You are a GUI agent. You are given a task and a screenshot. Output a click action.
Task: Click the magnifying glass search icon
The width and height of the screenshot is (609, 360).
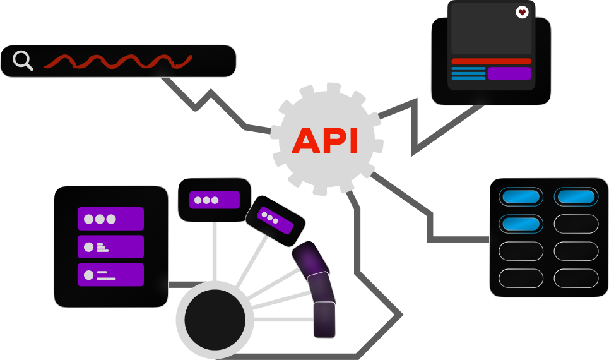point(23,61)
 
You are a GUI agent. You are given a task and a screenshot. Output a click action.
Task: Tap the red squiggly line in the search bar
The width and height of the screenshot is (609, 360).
point(118,61)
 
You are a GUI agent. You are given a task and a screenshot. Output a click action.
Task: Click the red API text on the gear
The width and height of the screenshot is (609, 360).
point(325,141)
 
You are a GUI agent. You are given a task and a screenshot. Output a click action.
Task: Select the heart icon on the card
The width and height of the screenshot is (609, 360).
point(522,12)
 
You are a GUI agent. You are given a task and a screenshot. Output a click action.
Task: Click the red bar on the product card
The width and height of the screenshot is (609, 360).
point(492,61)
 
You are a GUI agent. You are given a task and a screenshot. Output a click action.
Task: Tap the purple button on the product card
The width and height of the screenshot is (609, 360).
point(509,73)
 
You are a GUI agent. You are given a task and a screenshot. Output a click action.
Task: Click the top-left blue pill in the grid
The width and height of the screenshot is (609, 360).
point(521,196)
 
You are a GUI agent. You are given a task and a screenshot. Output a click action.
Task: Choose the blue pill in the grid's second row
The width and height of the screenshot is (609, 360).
point(521,224)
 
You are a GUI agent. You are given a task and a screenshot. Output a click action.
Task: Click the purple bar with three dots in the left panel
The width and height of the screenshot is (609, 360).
point(110,219)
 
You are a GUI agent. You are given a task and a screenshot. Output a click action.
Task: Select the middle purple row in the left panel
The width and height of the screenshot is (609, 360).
point(110,247)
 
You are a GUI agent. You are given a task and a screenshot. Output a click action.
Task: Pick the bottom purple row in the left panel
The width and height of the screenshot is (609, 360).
point(110,275)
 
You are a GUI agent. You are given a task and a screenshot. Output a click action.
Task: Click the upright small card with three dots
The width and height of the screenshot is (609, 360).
point(215,200)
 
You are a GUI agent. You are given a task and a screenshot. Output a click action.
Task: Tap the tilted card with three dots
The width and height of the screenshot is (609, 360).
point(275,217)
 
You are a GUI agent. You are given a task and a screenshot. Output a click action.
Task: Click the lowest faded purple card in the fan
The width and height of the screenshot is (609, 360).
point(324,320)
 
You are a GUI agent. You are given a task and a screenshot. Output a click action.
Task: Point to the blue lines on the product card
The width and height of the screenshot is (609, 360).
point(468,73)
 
